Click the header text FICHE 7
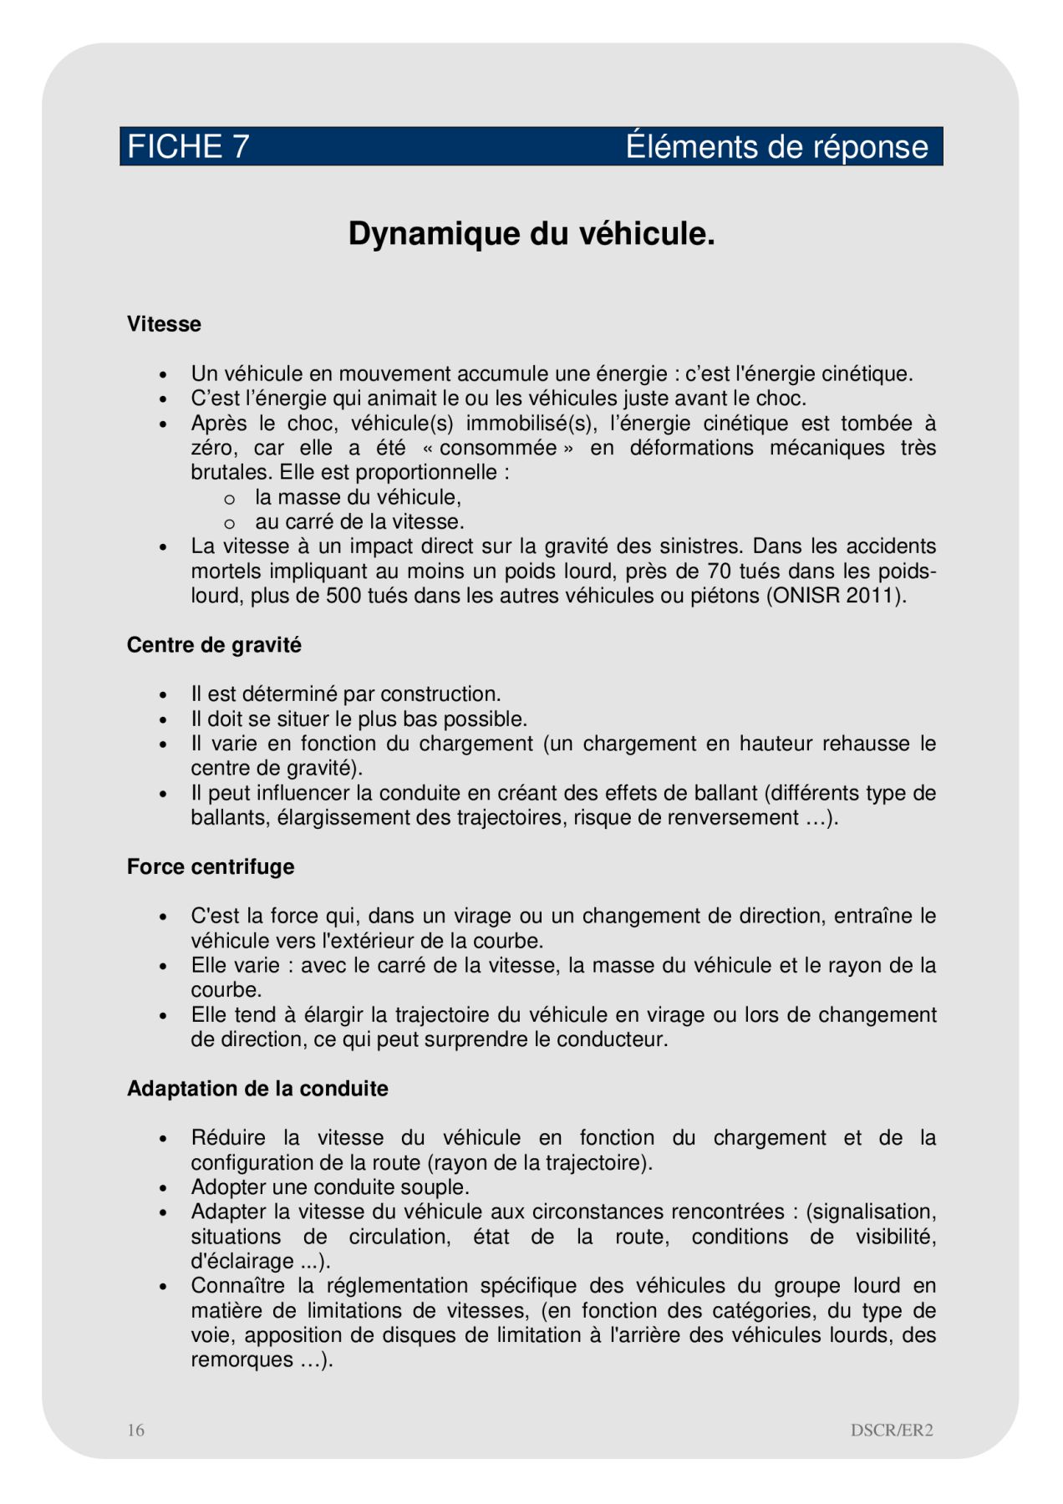188,147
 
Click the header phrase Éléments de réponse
776,147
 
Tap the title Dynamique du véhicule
531,234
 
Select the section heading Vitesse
164,324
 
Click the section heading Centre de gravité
214,645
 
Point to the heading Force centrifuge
211,866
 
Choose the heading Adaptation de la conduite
257,1089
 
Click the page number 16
135,1430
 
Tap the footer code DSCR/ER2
892,1430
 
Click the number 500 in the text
343,596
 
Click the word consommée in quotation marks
499,448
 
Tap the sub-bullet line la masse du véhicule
358,497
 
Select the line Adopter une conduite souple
330,1187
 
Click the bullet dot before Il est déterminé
164,695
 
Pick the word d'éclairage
242,1261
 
